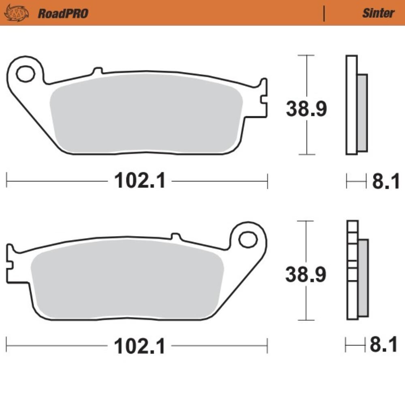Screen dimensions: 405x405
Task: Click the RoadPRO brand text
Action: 63,13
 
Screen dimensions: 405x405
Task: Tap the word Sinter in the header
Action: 378,13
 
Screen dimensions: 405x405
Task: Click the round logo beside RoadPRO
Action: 17,13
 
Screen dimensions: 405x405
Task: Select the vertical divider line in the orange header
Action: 324,14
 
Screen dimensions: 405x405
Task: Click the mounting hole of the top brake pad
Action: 25,74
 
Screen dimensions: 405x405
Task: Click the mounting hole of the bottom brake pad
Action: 248,240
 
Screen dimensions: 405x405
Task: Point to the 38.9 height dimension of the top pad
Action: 306,109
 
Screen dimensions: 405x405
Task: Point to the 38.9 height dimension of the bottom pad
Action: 305,274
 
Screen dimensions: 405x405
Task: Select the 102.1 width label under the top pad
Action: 140,181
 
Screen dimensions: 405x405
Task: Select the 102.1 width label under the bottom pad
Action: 139,346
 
